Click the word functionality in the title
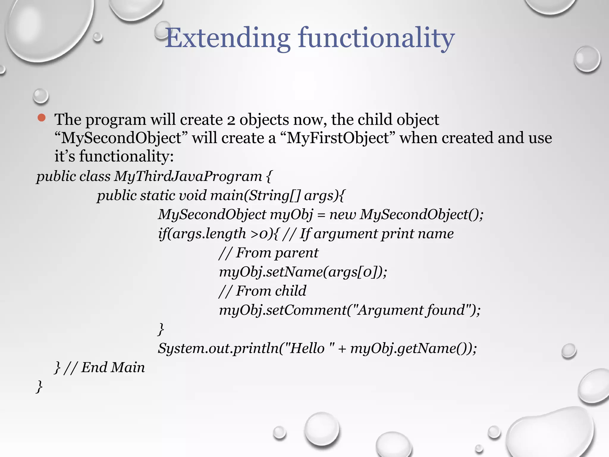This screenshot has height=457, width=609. click(x=376, y=38)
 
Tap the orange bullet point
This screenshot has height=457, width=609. click(x=42, y=118)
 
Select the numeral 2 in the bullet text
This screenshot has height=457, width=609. click(x=231, y=120)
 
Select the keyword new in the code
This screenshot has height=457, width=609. click(x=343, y=215)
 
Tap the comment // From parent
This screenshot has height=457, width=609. click(x=268, y=253)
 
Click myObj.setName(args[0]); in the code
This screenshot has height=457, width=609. click(x=303, y=272)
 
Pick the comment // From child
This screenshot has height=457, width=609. click(x=262, y=291)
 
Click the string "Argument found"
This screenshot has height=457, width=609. click(x=410, y=310)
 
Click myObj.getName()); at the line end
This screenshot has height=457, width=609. click(x=413, y=348)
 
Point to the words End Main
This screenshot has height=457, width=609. click(x=113, y=367)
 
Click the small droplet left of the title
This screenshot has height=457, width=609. click(x=98, y=37)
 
